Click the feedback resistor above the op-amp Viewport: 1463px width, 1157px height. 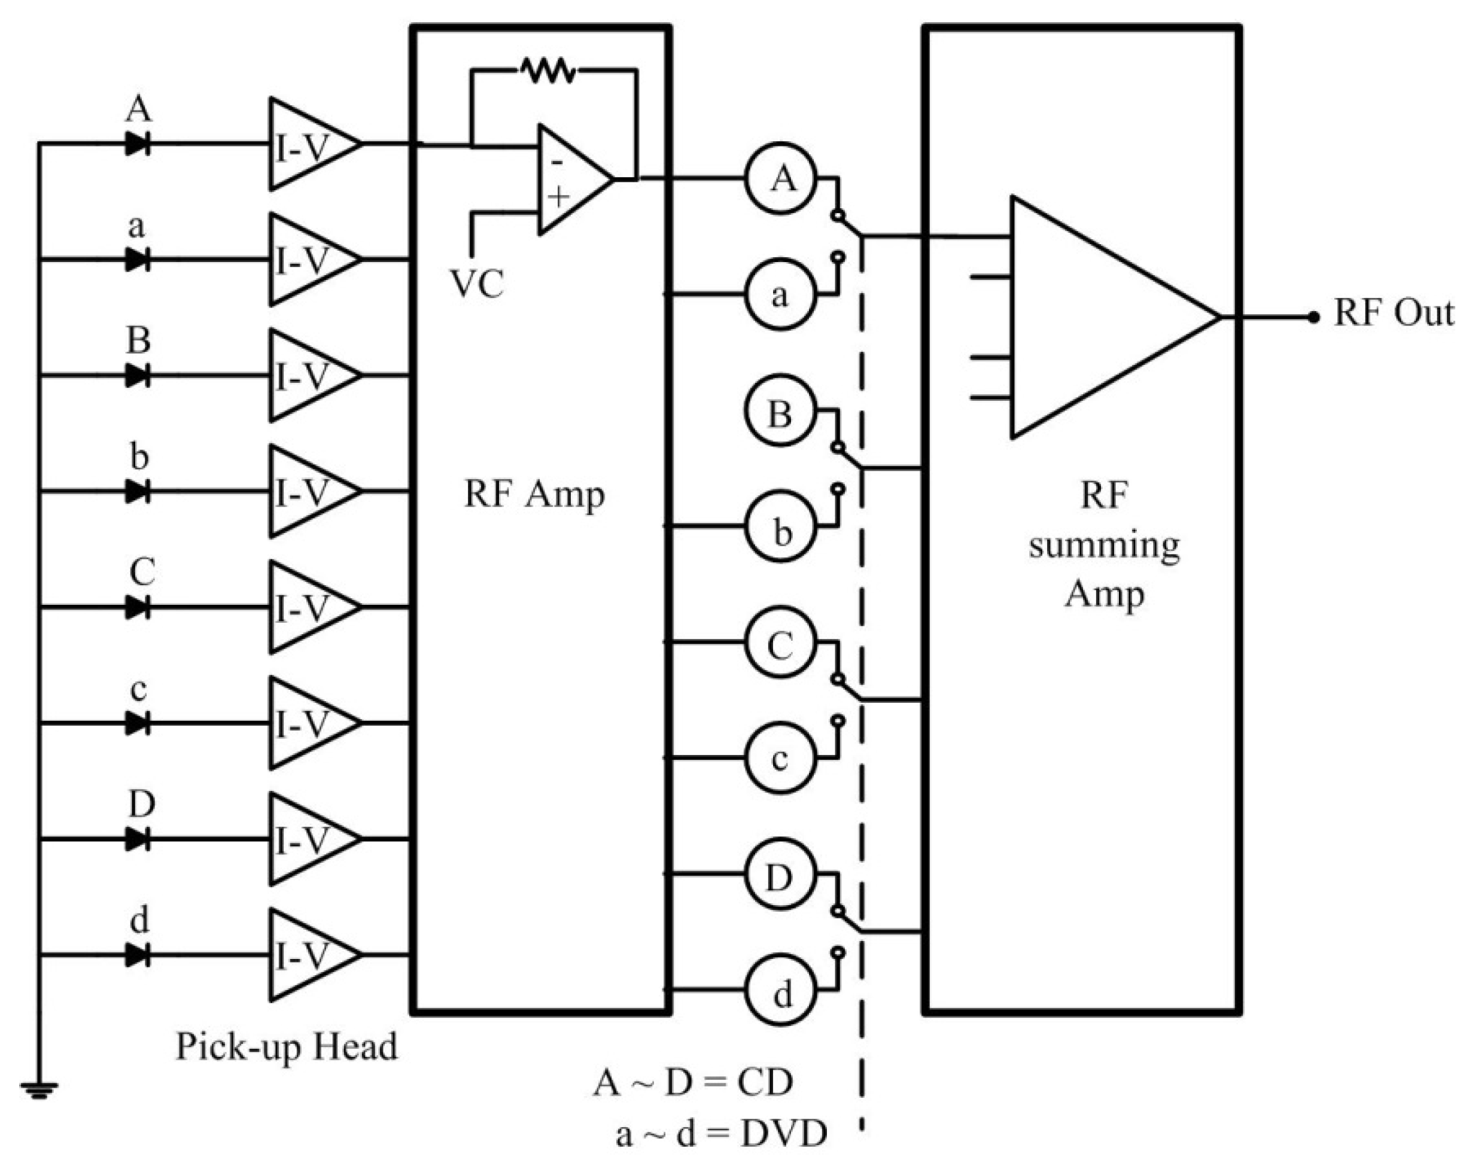(548, 70)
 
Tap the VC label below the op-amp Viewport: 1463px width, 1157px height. (477, 283)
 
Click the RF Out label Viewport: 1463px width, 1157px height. (1392, 313)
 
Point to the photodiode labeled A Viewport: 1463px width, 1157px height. (138, 144)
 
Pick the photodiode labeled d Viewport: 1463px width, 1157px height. (138, 955)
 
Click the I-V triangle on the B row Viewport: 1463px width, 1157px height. (308, 375)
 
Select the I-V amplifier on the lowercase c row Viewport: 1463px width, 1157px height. (308, 723)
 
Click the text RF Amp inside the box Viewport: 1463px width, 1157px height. (534, 495)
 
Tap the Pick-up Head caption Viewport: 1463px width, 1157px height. (287, 1046)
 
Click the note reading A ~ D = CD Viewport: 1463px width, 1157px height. (692, 1082)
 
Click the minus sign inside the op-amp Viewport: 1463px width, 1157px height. (557, 162)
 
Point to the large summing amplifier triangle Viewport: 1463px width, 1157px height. (1098, 317)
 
